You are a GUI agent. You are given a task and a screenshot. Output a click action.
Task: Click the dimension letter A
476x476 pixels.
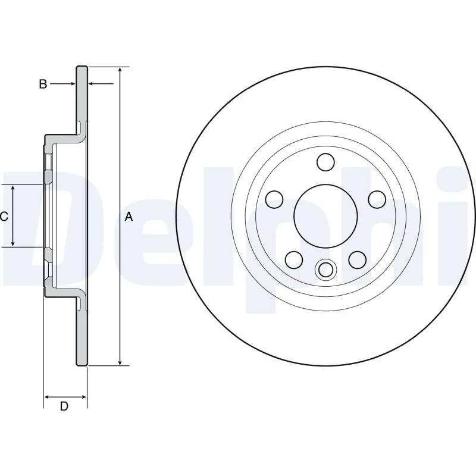coord(129,218)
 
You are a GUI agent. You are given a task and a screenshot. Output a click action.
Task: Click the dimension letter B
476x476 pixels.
coord(43,84)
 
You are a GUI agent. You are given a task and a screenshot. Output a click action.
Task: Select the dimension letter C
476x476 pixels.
coord(4,217)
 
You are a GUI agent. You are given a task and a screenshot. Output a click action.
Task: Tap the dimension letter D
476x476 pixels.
coord(64,407)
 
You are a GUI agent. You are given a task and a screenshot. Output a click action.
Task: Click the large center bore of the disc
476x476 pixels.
coord(325,215)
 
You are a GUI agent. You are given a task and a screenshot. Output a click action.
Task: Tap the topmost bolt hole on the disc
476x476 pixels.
coord(325,162)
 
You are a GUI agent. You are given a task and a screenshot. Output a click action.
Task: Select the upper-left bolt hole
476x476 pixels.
coord(274,199)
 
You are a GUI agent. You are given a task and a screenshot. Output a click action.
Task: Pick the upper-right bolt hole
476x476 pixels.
coord(377,199)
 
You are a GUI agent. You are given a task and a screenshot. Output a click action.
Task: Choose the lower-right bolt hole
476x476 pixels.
coord(357,259)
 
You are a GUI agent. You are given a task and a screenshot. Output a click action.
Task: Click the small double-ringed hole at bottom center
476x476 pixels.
coord(325,270)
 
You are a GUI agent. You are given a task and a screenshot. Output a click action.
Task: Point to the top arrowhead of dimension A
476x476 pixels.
coord(121,70)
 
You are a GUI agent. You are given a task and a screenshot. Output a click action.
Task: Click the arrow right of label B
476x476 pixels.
coord(70,84)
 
